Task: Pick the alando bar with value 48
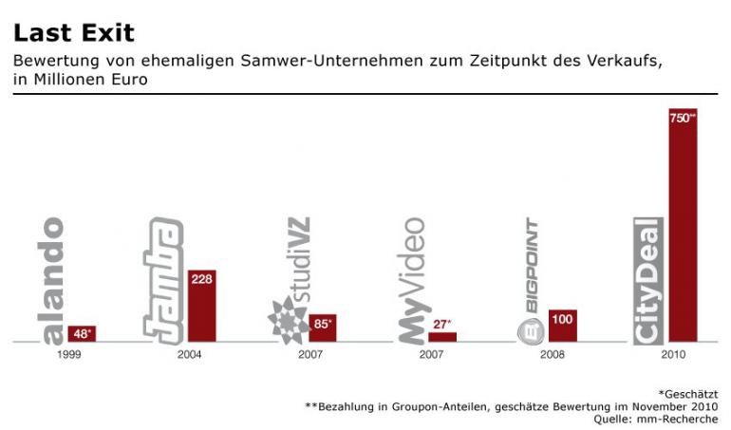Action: (x=82, y=333)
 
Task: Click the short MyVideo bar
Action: (x=442, y=336)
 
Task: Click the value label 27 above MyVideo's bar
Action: (x=442, y=324)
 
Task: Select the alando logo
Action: (x=53, y=280)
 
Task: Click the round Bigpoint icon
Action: (x=530, y=329)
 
